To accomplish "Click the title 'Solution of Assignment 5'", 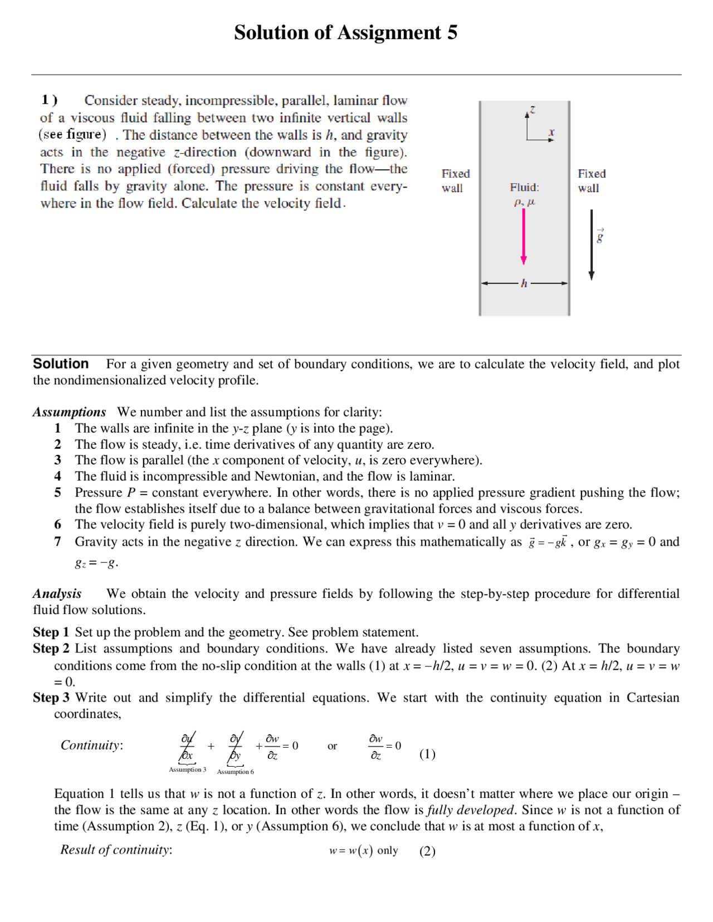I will (x=345, y=33).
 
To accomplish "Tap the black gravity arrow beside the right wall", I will (x=592, y=245).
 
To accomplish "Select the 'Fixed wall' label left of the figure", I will (x=455, y=181).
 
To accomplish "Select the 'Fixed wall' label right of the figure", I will (x=591, y=181).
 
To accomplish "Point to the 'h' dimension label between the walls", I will (x=524, y=283).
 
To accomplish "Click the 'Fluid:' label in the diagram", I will (x=524, y=188).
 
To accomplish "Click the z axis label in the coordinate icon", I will (x=533, y=110).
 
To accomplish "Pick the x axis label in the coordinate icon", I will (x=551, y=132).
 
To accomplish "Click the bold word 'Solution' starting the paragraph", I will (x=61, y=364).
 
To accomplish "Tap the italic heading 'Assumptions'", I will (x=69, y=412).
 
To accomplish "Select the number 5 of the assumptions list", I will (x=57, y=493).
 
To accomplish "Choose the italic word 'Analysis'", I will (x=57, y=594).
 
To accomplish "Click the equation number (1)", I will (x=427, y=754).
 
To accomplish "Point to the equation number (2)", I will (x=427, y=851).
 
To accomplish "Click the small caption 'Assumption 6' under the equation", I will (x=235, y=772).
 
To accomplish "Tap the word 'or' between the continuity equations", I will (x=332, y=746).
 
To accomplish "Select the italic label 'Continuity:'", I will (x=91, y=745).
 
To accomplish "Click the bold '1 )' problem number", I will (x=49, y=100).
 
